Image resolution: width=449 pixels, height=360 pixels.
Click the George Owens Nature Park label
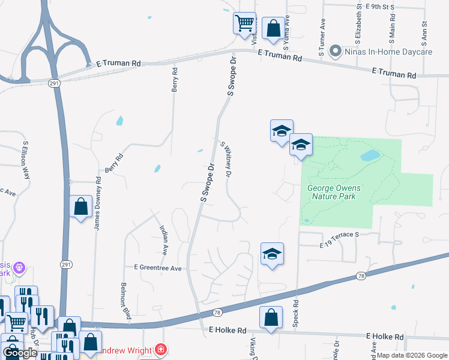331,192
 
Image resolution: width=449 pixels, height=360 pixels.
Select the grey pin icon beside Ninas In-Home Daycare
336,52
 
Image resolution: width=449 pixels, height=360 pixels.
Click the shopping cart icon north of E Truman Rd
244,24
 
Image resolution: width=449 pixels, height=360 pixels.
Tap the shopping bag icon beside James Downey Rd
81,207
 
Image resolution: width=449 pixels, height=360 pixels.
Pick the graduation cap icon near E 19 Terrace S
272,254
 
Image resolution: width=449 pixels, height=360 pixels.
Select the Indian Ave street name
163,238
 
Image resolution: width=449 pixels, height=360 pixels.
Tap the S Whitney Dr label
226,160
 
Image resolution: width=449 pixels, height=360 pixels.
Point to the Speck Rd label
295,313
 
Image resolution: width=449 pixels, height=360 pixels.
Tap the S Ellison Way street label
26,160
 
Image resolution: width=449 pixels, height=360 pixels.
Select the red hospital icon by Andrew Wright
160,349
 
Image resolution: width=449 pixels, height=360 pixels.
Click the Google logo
20,353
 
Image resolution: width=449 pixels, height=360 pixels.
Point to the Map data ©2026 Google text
411,355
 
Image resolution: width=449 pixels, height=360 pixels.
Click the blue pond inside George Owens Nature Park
370,156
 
